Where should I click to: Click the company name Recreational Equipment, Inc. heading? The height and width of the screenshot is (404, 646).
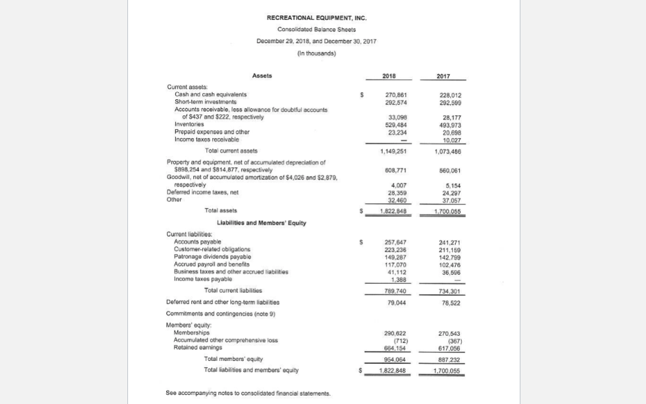316,18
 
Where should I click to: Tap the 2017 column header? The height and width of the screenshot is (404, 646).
443,76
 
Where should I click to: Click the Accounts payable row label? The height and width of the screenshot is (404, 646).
197,241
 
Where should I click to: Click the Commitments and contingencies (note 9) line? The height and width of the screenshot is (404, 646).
221,314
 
